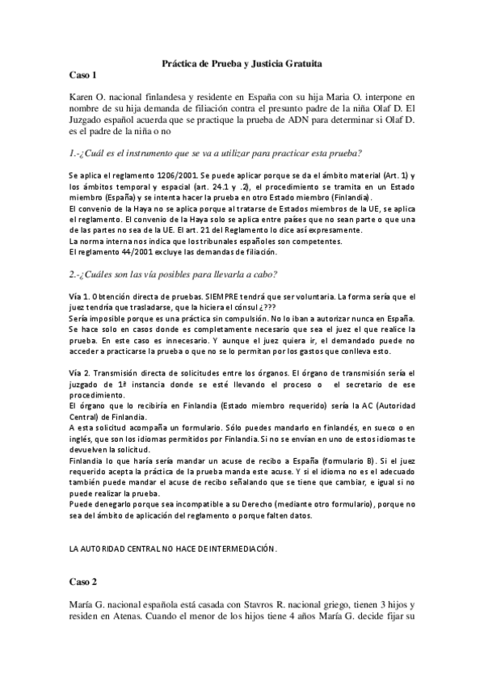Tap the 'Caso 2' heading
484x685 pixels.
[x=83, y=581]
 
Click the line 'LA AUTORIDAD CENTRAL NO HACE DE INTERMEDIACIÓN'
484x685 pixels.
[x=173, y=548]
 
